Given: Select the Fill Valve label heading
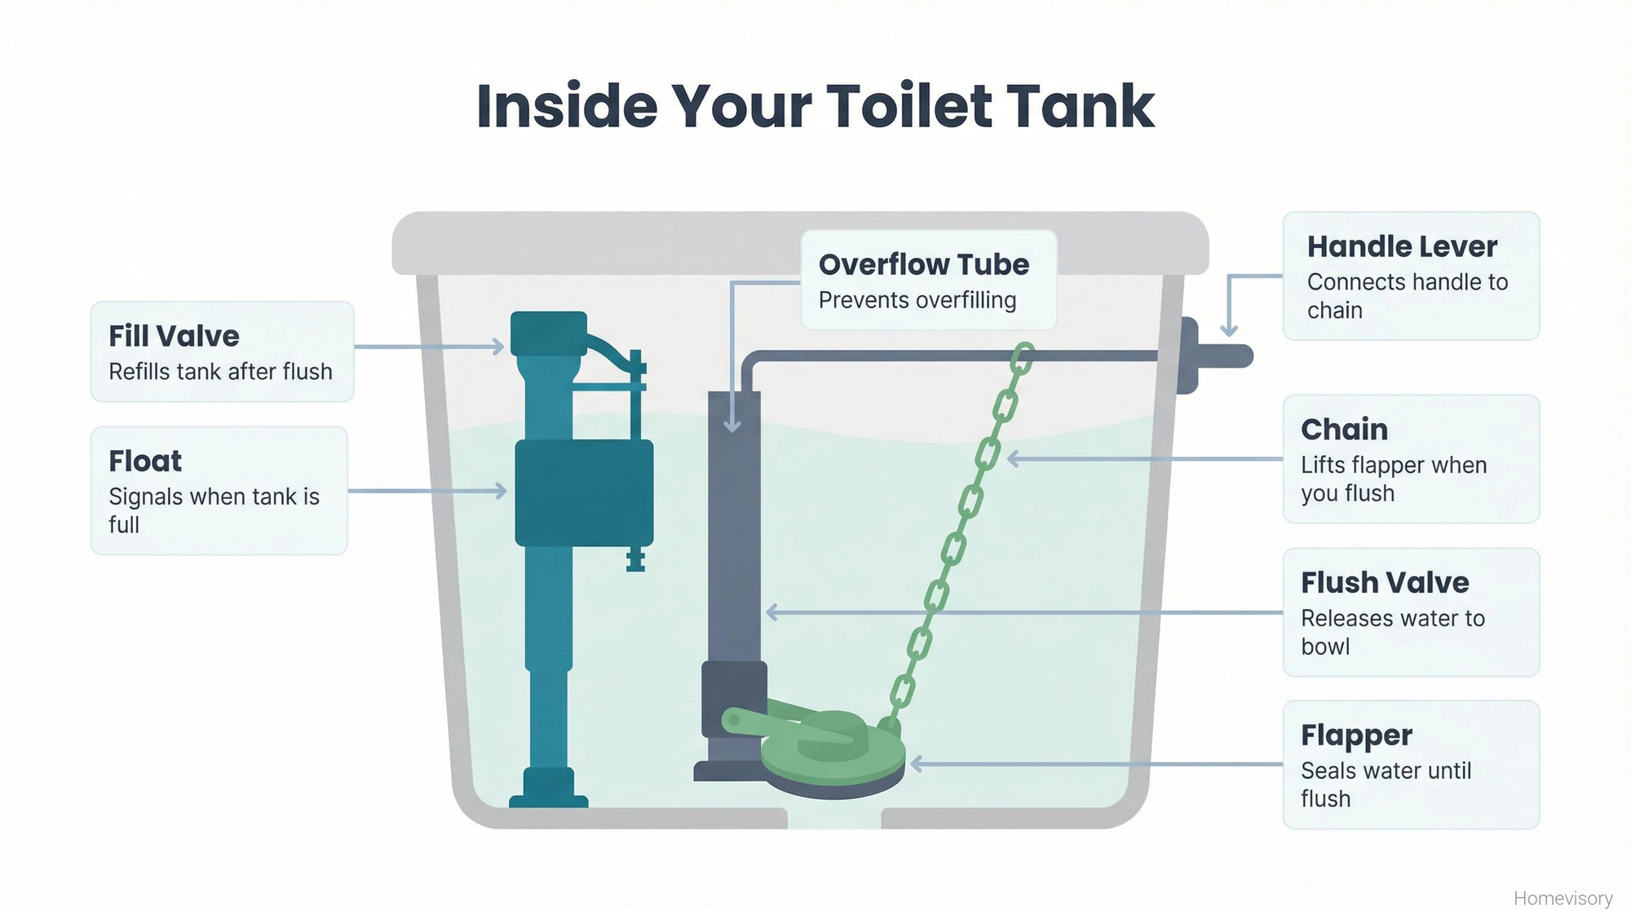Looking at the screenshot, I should pyautogui.click(x=174, y=336).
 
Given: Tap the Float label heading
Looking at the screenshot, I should pyautogui.click(x=145, y=461).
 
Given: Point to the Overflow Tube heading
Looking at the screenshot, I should pyautogui.click(x=923, y=264).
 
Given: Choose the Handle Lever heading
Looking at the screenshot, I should pyautogui.click(x=1402, y=246).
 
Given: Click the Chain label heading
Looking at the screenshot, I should pyautogui.click(x=1344, y=429).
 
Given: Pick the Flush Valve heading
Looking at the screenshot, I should pyautogui.click(x=1385, y=582).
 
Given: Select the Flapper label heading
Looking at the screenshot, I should pyautogui.click(x=1356, y=735).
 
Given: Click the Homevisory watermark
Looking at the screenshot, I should pyautogui.click(x=1562, y=898).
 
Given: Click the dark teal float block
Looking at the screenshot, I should pyautogui.click(x=584, y=492).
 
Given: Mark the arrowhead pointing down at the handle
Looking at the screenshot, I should pyautogui.click(x=1229, y=330).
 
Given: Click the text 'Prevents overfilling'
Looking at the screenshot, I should pyautogui.click(x=917, y=300).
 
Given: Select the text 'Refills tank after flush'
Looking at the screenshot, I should pyautogui.click(x=220, y=372).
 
